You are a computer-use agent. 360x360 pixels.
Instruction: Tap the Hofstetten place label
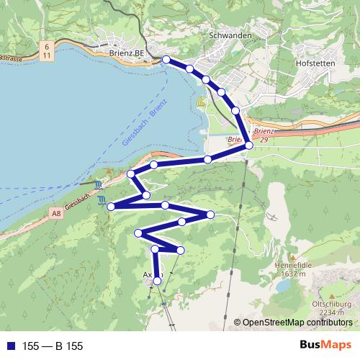[317, 63]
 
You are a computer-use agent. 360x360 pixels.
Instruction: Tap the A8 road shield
[57, 213]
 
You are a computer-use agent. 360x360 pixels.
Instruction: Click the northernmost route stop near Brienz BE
[166, 60]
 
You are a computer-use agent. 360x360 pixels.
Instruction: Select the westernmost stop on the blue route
[111, 207]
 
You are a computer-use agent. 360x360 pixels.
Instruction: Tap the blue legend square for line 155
[12, 346]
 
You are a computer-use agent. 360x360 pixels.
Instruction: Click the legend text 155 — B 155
[53, 346]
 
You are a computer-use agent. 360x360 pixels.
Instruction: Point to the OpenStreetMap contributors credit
[297, 322]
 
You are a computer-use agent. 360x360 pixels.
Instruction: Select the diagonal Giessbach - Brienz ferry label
[144, 122]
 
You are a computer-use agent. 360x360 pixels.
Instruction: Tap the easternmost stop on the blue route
[249, 145]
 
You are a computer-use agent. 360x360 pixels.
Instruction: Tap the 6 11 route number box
[47, 50]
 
